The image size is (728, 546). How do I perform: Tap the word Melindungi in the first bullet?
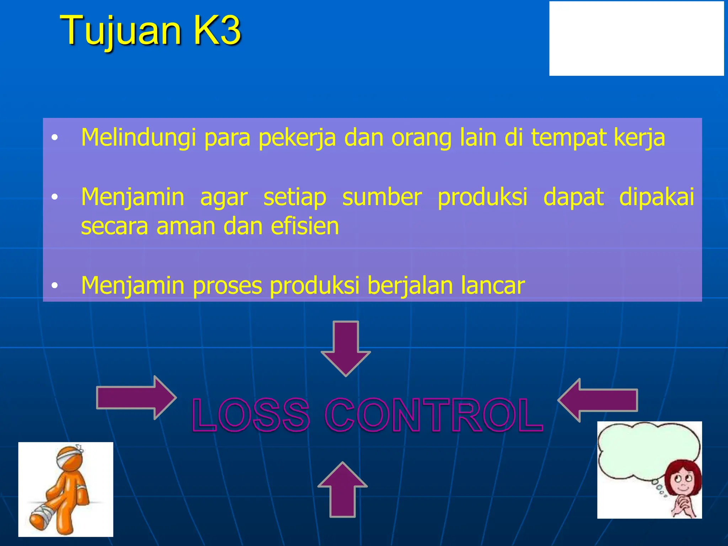pyautogui.click(x=138, y=138)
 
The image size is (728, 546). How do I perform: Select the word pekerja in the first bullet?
pyautogui.click(x=297, y=138)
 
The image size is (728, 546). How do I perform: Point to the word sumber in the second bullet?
pyautogui.click(x=382, y=197)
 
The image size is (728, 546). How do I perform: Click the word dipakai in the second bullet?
pyautogui.click(x=656, y=197)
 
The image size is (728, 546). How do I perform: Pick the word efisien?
pyautogui.click(x=305, y=226)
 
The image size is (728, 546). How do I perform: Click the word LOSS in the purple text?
pyautogui.click(x=251, y=415)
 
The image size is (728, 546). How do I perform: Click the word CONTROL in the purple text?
pyautogui.click(x=434, y=415)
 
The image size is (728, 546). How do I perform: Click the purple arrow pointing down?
pyautogui.click(x=346, y=348)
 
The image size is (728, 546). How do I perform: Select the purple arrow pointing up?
pyautogui.click(x=342, y=489)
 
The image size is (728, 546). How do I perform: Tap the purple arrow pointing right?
pyautogui.click(x=136, y=398)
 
